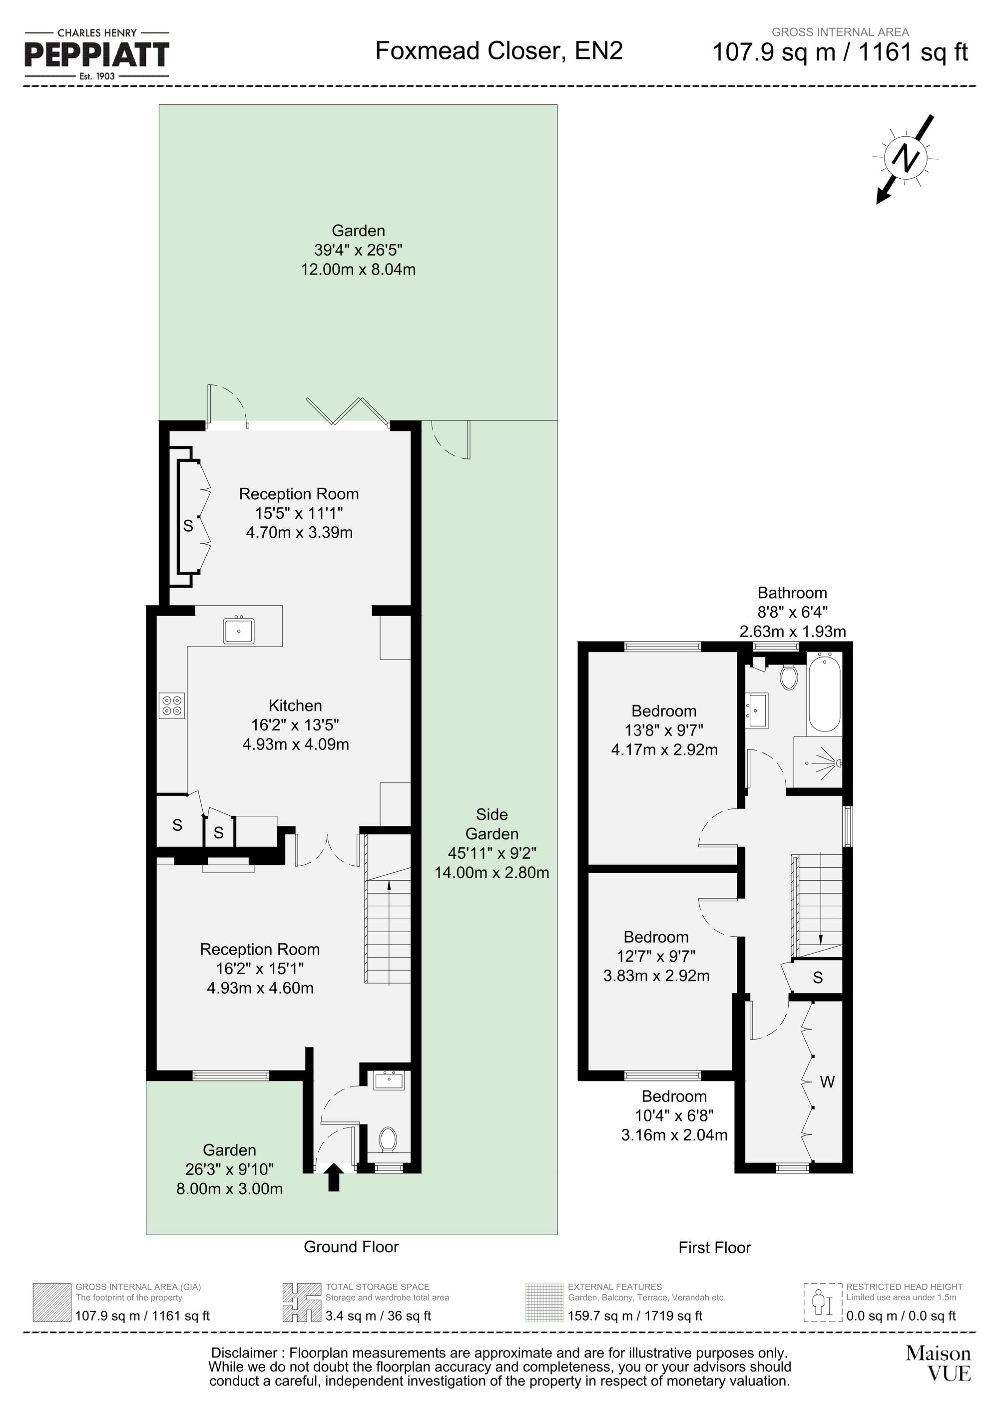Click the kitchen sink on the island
(239, 631)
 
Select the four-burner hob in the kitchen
(172, 706)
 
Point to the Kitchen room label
(295, 706)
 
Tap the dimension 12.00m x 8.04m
(358, 269)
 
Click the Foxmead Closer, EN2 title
(499, 50)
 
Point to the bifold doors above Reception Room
(348, 410)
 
